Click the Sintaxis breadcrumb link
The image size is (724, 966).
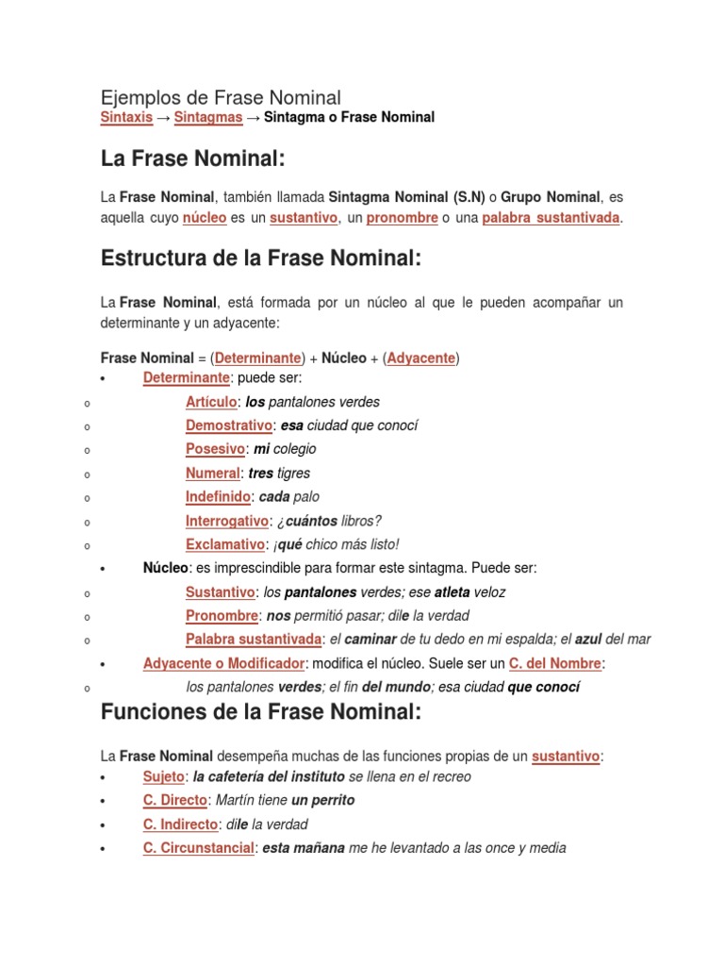coord(125,118)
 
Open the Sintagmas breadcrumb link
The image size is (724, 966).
coord(207,118)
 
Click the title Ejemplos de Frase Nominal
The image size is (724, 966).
coord(221,97)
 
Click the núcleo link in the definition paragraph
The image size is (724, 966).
coord(205,218)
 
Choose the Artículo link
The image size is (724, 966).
coord(211,402)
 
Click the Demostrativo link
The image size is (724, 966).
coord(229,425)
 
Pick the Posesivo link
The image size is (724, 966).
coord(215,449)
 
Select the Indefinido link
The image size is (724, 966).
coord(218,497)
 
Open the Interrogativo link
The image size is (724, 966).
coord(226,521)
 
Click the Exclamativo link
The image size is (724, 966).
coord(224,544)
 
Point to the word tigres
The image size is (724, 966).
coord(293,474)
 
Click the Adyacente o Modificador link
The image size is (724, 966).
coord(222,664)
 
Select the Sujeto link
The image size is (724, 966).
coord(163,776)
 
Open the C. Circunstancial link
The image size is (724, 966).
coord(198,848)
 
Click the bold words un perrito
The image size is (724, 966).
coord(323,800)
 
